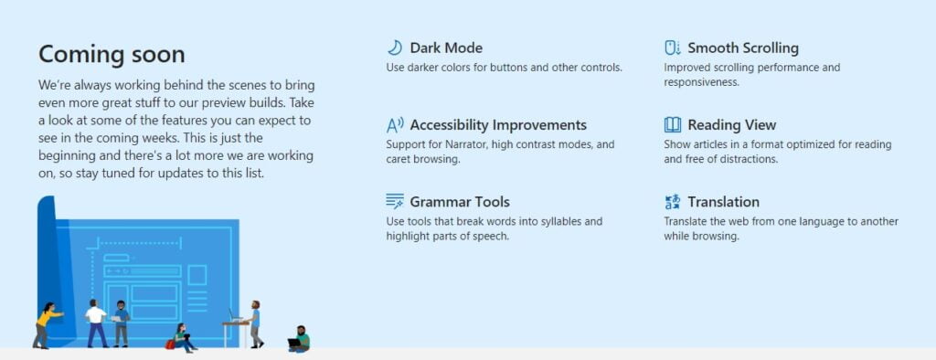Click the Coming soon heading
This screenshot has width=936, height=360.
coord(112,54)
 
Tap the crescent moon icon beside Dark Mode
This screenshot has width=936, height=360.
coord(395,48)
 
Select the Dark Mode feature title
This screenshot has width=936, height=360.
coord(446,48)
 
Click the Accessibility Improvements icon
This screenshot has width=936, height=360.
coord(395,125)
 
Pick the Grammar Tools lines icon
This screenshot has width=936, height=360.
coord(395,202)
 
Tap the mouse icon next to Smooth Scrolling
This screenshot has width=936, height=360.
coord(672,48)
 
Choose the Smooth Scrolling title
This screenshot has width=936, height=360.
coord(743,48)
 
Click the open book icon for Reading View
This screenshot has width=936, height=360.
coord(673,125)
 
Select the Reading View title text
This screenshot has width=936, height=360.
coord(732,125)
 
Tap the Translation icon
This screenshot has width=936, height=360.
coord(673,202)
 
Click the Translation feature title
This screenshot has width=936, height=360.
coord(724,202)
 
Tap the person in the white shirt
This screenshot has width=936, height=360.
coord(95,322)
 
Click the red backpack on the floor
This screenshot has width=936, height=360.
coord(170,344)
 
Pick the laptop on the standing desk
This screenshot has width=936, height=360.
coord(236,317)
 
